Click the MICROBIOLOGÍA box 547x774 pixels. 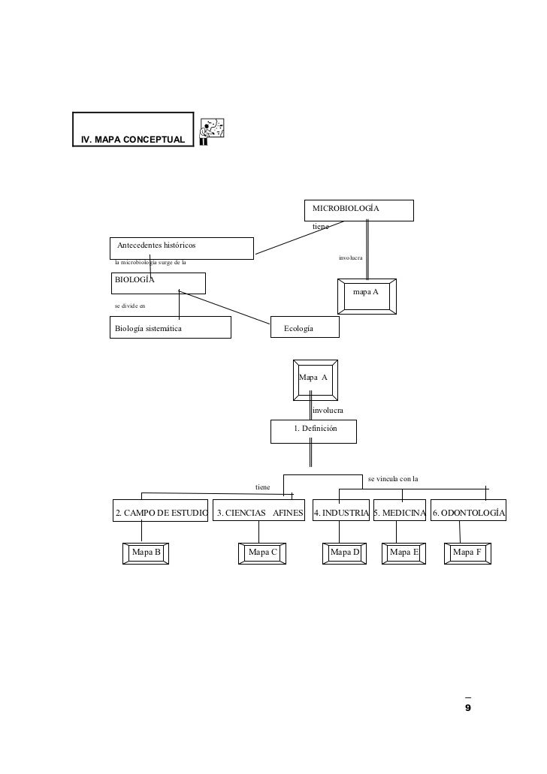point(358,210)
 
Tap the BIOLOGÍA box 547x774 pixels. point(158,282)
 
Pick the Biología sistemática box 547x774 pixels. point(169,327)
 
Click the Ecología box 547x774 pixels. point(305,327)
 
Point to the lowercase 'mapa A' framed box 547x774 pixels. point(366,295)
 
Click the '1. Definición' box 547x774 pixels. point(314,431)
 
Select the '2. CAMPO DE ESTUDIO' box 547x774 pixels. point(161,513)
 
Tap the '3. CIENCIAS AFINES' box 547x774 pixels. point(260,513)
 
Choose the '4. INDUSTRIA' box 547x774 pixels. point(340,513)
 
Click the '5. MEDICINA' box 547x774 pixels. point(400,513)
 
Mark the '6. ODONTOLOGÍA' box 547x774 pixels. point(469,513)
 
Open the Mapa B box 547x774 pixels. point(147,553)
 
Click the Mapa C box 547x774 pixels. point(263,553)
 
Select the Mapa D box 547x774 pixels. point(346,553)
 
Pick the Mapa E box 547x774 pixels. point(404,553)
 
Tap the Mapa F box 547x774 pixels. point(467,553)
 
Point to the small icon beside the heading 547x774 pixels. point(213,131)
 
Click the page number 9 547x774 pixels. point(468,708)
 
